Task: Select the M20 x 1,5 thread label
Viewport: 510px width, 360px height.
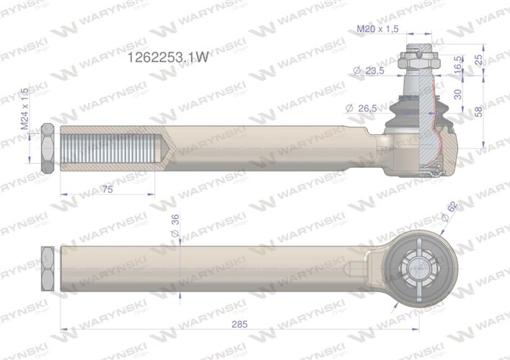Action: (379, 29)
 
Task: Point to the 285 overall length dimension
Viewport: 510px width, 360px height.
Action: (241, 324)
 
